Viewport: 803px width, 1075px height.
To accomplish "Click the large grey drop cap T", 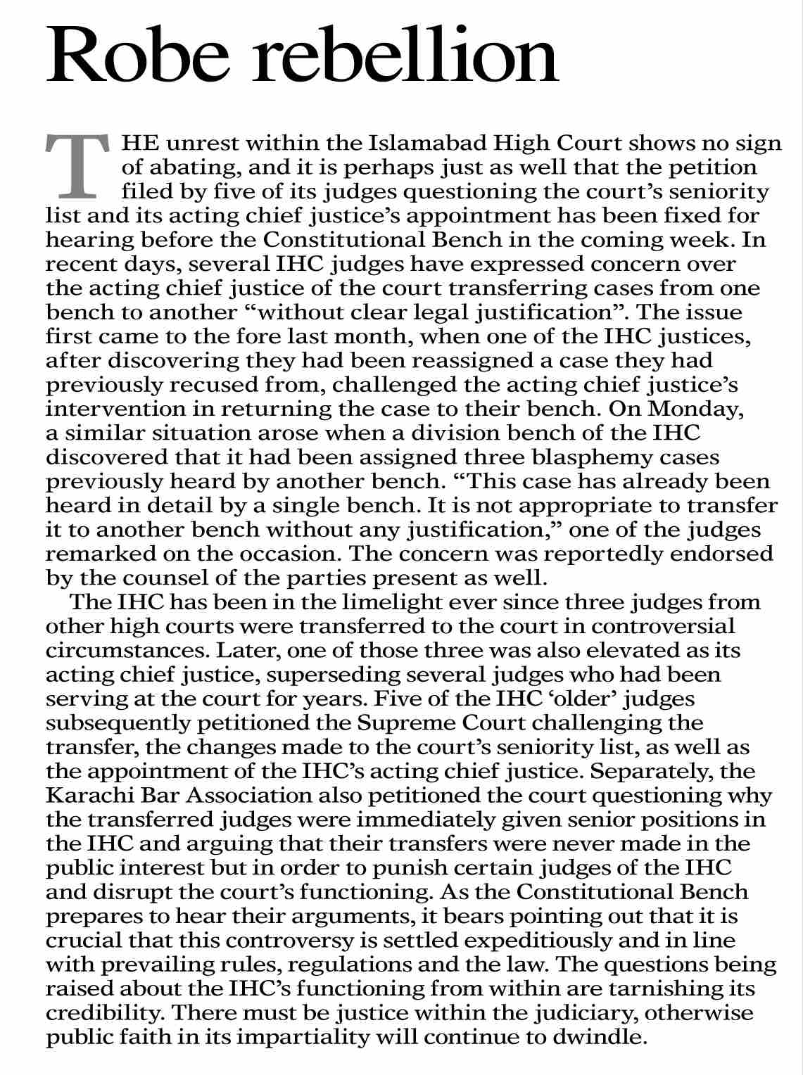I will (77, 165).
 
